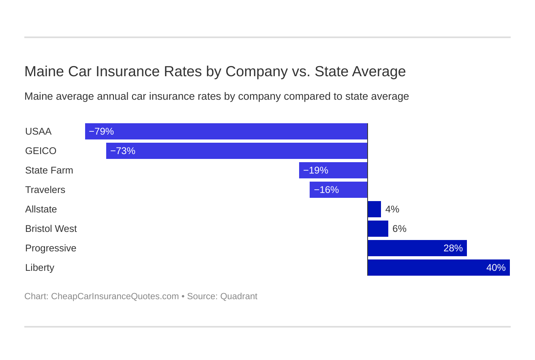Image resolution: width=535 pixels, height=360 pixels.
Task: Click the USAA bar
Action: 226,131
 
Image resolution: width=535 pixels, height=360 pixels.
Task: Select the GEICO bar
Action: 237,151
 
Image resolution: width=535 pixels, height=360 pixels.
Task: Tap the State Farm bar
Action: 333,170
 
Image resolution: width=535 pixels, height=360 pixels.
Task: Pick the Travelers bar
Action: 338,190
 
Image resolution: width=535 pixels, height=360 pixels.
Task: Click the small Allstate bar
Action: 374,209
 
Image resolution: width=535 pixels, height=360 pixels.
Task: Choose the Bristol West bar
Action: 378,229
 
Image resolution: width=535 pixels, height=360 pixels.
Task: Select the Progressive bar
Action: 417,248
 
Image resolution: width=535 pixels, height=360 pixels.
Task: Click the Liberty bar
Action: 439,268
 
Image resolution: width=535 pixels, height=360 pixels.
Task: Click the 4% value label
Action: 392,210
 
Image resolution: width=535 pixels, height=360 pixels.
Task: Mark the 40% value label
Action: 496,268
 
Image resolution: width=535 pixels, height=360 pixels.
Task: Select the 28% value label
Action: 453,249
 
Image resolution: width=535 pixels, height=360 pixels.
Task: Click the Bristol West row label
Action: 51,229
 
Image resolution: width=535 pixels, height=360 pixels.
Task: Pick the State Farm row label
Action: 49,171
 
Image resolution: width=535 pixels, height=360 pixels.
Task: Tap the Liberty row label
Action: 40,268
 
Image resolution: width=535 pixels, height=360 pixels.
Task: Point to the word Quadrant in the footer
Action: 239,296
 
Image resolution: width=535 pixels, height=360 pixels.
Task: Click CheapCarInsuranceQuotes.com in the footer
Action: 115,296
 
